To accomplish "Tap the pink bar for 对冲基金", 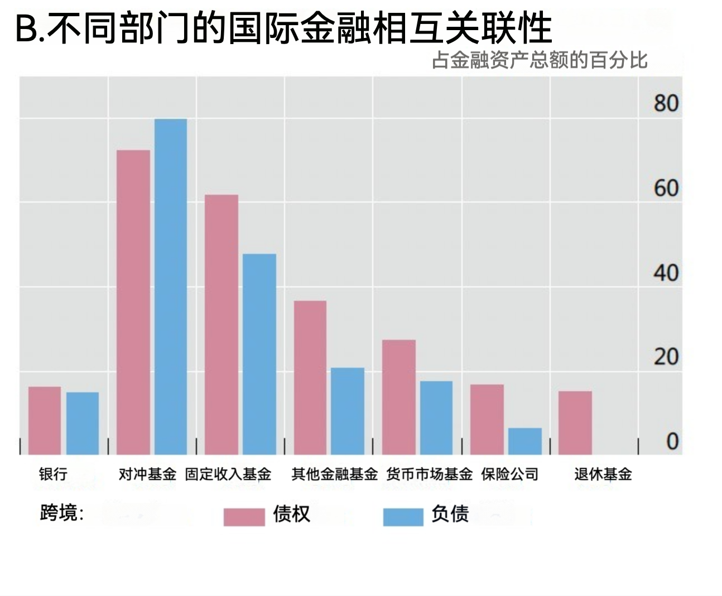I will (x=133, y=302).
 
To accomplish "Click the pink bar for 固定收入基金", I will (x=222, y=324).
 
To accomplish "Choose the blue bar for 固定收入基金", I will (x=259, y=354).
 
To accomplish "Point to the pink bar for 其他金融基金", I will (x=310, y=377).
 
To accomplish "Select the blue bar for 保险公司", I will (x=525, y=441).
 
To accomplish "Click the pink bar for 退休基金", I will (x=575, y=422).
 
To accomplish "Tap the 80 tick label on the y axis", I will (x=666, y=104).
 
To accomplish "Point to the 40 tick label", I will (x=666, y=273).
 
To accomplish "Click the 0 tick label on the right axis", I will (x=672, y=442).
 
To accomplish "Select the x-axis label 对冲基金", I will (x=147, y=474).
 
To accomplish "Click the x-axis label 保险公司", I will (x=510, y=474).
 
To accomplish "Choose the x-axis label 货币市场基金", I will (x=429, y=474).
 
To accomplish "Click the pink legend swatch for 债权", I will (x=244, y=517).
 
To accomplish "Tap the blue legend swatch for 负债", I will (x=403, y=517).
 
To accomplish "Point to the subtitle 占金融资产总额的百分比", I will (x=540, y=60).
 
